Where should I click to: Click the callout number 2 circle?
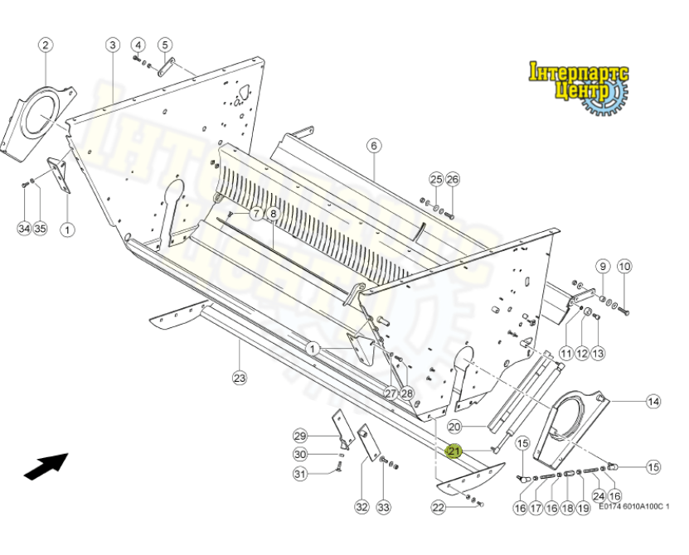click(x=46, y=45)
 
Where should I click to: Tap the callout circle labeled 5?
click(x=165, y=45)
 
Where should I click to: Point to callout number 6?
click(x=374, y=146)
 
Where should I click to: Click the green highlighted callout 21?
click(x=454, y=451)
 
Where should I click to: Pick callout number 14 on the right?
click(x=653, y=402)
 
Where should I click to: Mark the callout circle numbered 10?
click(x=624, y=267)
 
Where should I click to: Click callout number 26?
click(x=453, y=179)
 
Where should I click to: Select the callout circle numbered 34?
click(x=24, y=228)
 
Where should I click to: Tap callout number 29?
click(x=300, y=437)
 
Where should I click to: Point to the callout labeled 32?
click(x=361, y=507)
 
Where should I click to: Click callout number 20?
click(x=454, y=427)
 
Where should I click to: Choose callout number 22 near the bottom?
click(x=439, y=507)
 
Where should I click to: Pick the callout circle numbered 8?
click(x=273, y=214)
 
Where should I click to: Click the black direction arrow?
click(x=46, y=466)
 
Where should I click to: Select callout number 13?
click(x=598, y=353)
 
